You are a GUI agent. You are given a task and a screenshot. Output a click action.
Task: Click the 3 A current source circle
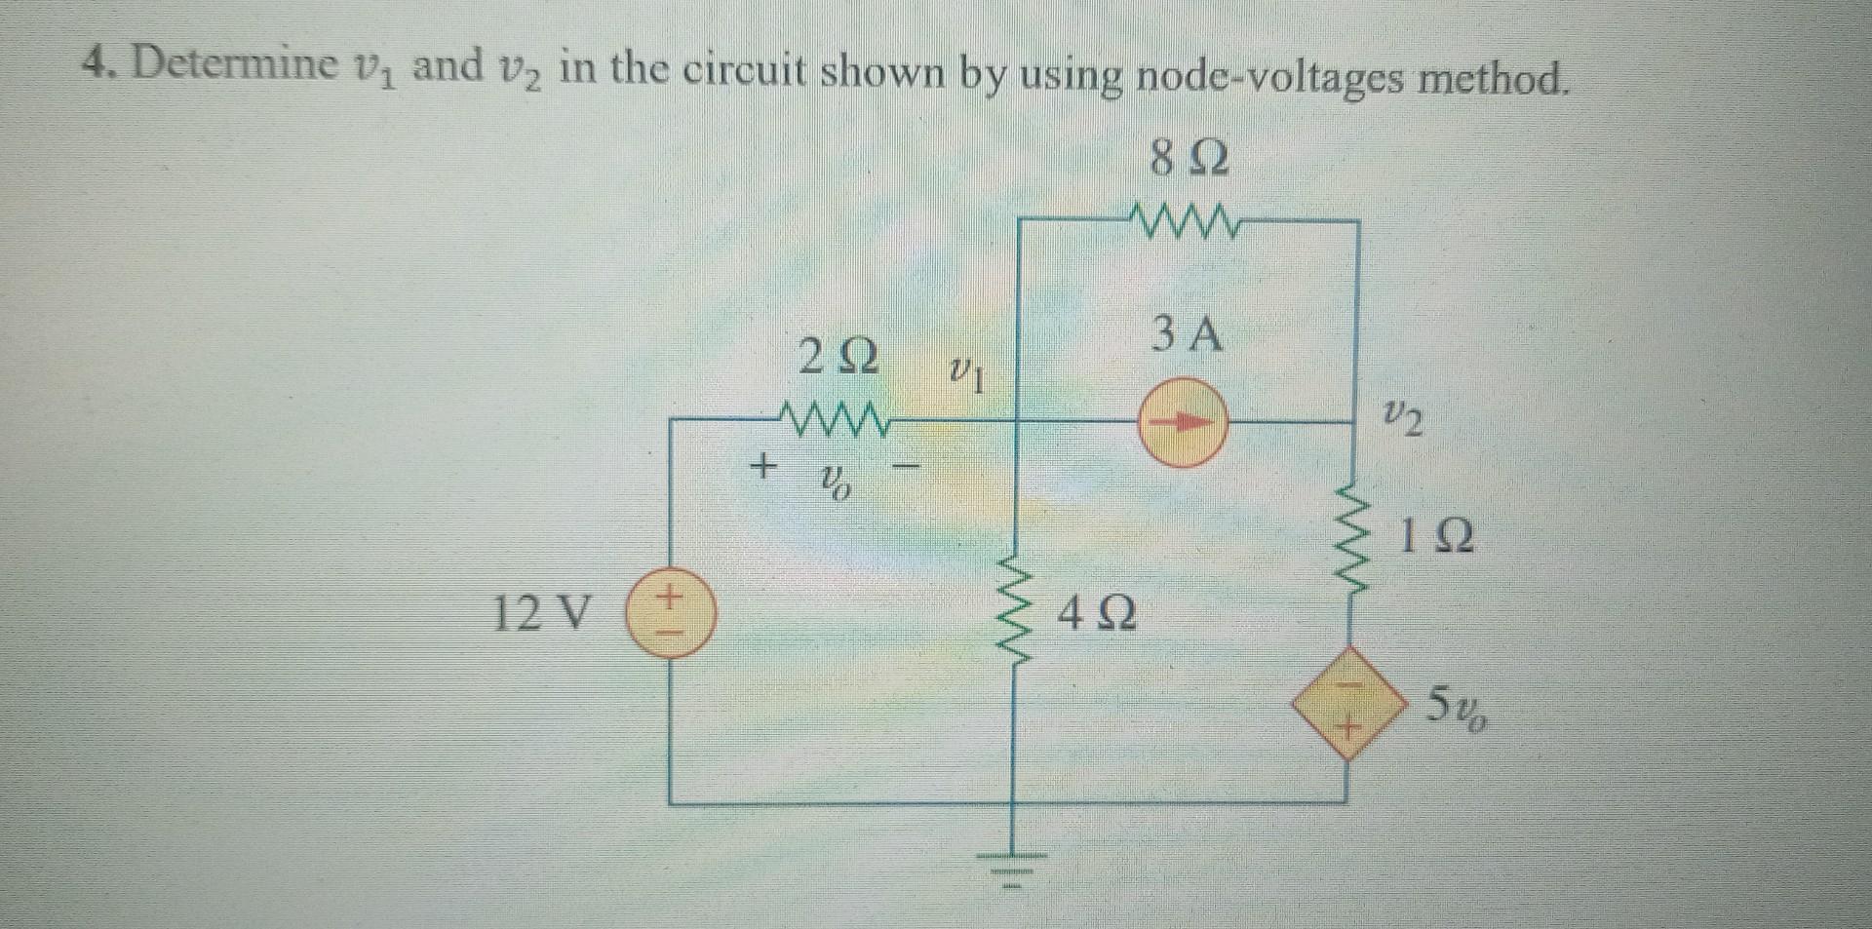[x=1182, y=422]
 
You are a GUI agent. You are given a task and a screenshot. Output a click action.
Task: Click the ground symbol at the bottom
[x=1014, y=863]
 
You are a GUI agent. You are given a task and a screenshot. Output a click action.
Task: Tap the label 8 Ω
[x=1189, y=158]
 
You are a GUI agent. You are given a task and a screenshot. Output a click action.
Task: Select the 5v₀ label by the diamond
[x=1458, y=706]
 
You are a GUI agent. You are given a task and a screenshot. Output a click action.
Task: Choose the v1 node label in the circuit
[x=965, y=371]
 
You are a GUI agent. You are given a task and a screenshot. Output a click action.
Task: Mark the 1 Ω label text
[x=1436, y=537]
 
